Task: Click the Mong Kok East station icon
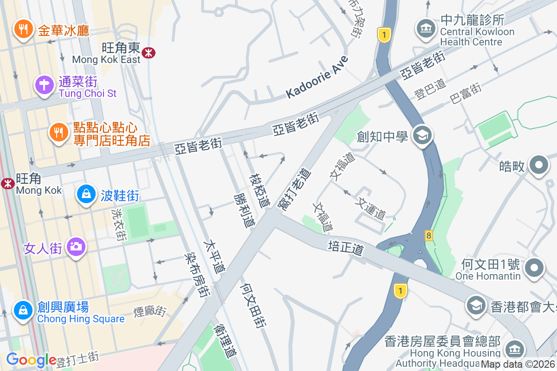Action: click(149, 52)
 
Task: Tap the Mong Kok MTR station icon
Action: click(7, 184)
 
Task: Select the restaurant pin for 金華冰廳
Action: click(22, 29)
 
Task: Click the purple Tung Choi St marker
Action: click(44, 85)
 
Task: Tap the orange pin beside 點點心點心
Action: click(58, 133)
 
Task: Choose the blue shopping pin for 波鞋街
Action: click(86, 194)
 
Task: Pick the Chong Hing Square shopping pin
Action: click(23, 310)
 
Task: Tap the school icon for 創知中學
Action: click(422, 136)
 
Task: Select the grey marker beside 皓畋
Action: click(538, 165)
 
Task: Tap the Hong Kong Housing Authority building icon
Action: click(514, 349)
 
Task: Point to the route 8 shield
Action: click(428, 236)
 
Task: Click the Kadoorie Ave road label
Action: click(317, 77)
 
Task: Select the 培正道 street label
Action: click(345, 248)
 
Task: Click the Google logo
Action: click(31, 360)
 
